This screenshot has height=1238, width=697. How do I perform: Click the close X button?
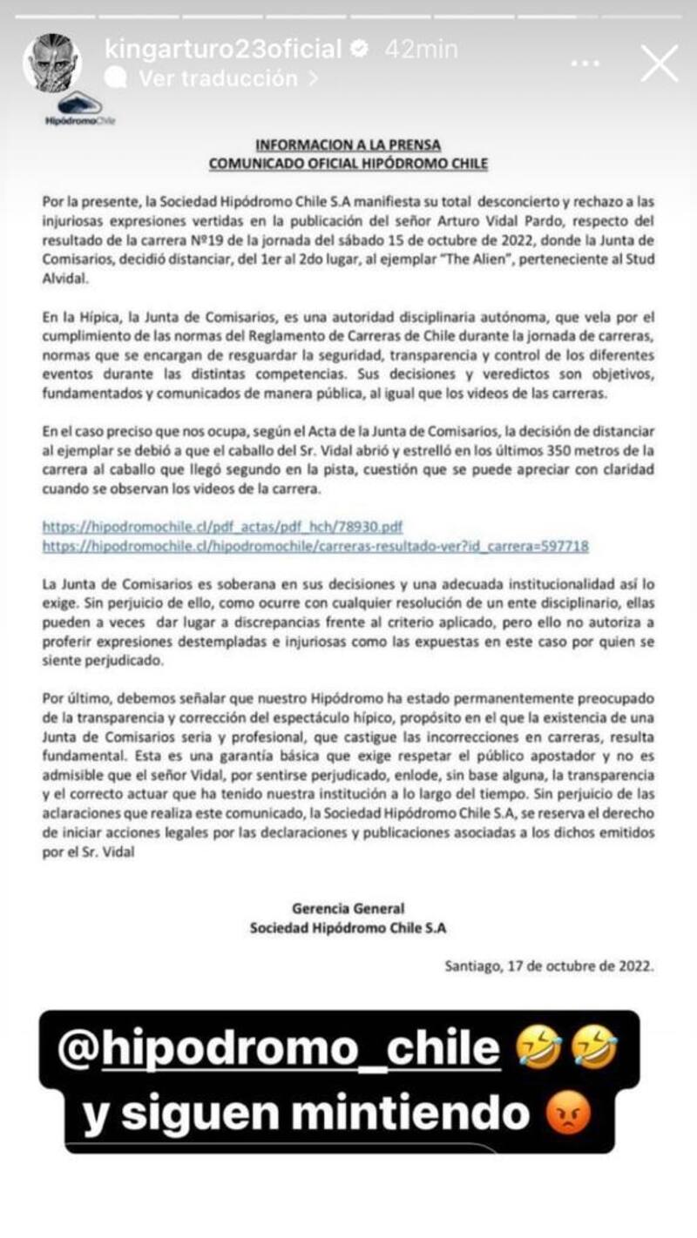coord(659,64)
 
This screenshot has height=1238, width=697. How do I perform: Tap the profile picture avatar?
coord(51,64)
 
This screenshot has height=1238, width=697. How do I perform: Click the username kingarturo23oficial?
coord(223,50)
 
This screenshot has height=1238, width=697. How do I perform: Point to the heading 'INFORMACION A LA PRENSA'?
coord(348,145)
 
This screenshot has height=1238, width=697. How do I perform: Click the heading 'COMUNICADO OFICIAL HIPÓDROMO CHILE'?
coord(348,163)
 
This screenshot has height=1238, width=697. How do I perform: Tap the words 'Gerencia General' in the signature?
coord(348,909)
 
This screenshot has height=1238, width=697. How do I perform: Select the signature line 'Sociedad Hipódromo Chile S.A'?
coord(348,928)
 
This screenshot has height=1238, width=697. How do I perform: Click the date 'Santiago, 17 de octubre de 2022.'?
coord(548,966)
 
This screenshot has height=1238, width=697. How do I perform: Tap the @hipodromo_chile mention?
coord(279,1050)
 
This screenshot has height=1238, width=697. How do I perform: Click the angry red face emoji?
coord(571,1114)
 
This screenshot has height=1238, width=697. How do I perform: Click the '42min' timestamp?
coord(421,50)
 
